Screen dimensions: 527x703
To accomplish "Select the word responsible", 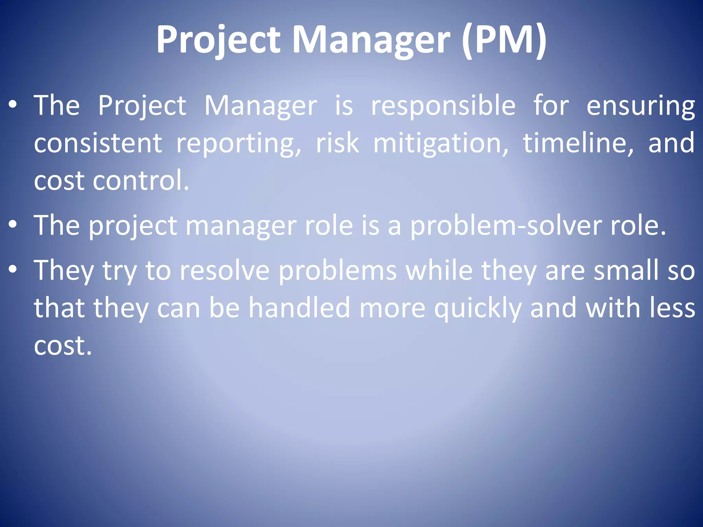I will (443, 106).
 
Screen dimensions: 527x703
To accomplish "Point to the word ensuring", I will (641, 106).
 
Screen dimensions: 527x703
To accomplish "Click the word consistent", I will (98, 143).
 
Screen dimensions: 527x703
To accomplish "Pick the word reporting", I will (239, 143).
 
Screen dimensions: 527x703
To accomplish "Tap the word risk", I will (337, 143).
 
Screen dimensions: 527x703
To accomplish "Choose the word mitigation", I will (441, 143).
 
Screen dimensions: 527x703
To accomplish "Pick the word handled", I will (299, 308).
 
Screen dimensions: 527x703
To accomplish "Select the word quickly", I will (478, 308).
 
